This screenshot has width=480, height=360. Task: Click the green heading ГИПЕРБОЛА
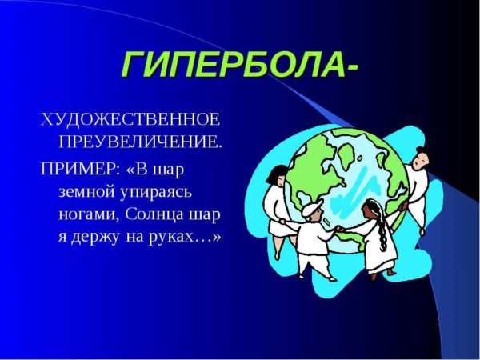[234, 64]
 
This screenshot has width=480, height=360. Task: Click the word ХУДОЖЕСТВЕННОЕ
[130, 120]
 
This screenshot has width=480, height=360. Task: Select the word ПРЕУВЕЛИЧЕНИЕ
[139, 142]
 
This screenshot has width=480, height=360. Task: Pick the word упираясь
[156, 193]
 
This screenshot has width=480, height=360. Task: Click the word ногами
[89, 215]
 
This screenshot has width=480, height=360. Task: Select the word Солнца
[154, 214]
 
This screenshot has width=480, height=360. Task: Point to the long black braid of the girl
[380, 226]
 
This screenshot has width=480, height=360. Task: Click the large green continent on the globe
[315, 170]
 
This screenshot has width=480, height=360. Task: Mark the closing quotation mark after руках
[216, 238]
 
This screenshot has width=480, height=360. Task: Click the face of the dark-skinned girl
[366, 211]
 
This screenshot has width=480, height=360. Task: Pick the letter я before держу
[62, 238]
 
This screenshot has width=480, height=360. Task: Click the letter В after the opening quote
[142, 170]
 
